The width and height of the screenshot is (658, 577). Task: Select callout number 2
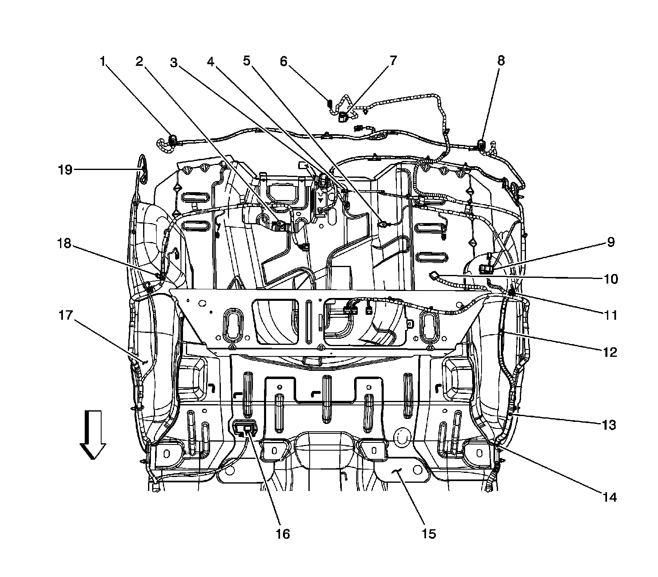(140, 62)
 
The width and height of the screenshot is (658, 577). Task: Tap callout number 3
(174, 63)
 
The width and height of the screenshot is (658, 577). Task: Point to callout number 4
(210, 62)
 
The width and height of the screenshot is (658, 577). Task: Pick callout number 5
(246, 61)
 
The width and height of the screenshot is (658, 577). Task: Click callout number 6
(284, 61)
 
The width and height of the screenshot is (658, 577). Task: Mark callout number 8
(500, 61)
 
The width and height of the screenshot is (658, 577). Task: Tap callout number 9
(611, 242)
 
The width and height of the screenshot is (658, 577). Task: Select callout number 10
(611, 279)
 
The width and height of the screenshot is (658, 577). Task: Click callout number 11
(611, 315)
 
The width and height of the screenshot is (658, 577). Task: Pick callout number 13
(609, 425)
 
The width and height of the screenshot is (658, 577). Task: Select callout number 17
(66, 316)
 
